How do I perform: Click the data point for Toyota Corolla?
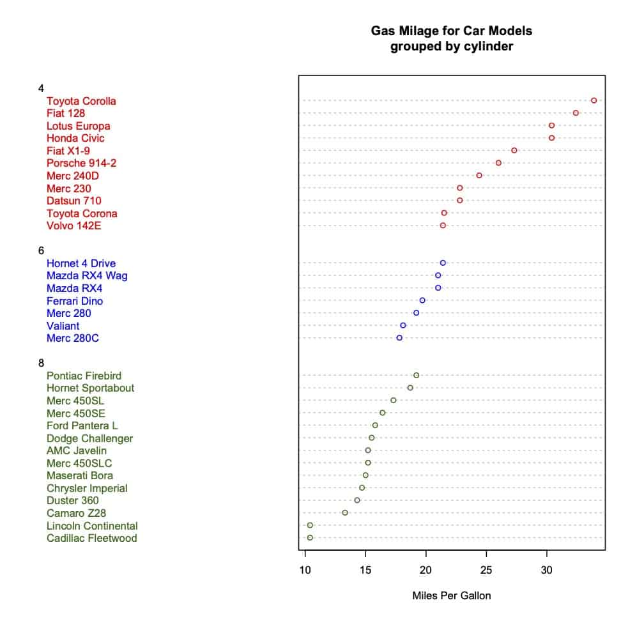[594, 100]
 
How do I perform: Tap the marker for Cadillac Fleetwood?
[310, 538]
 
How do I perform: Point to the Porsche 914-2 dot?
[498, 163]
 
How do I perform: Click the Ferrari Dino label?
[75, 301]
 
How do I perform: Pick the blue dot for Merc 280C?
[399, 338]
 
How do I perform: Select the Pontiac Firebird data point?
[416, 375]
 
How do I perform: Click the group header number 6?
[41, 250]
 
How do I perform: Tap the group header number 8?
[41, 363]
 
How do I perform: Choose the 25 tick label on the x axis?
[487, 570]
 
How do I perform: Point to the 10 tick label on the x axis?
[305, 570]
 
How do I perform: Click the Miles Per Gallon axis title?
[452, 596]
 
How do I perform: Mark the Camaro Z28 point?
[345, 512]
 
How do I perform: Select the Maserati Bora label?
[80, 475]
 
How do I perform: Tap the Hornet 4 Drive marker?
[443, 263]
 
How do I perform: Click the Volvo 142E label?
[73, 226]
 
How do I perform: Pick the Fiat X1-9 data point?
[514, 150]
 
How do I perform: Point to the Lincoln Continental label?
[92, 526]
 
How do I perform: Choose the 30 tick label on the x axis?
[547, 570]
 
